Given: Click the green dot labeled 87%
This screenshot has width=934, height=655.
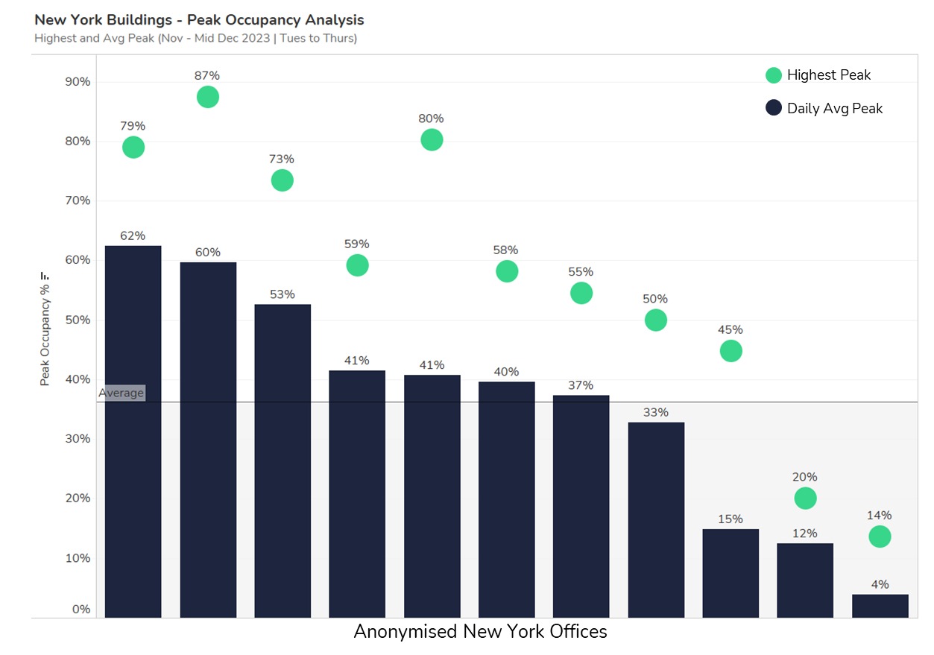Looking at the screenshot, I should pos(208,97).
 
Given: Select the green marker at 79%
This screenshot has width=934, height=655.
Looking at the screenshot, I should pos(133,148).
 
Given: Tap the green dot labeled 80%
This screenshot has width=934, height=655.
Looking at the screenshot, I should pos(432,139).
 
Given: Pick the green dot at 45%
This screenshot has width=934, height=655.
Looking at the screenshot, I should pos(731,351).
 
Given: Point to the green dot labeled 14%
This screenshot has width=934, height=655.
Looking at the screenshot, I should pos(880,537).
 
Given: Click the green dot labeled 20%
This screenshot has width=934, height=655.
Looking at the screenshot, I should pos(805,498).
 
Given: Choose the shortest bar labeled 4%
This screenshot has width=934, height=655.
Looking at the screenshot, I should pos(880,606).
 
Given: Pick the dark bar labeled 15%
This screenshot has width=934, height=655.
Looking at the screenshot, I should pos(731,573).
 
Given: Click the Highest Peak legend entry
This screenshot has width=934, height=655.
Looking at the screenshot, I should pos(818,75).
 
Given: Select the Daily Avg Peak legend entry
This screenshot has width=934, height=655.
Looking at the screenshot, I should pos(824,108).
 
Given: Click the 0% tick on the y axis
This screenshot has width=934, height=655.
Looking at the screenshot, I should pos(81,610).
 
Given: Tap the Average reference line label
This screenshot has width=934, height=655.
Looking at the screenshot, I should pos(122,393).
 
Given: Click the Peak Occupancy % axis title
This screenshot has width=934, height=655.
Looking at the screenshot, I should pos(45,329).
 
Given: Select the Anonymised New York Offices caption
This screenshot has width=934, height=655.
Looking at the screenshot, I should pos(480,632).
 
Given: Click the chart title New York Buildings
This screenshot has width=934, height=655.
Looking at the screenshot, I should pos(199,19).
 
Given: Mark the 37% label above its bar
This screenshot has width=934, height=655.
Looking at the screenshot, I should pos(581,385).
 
